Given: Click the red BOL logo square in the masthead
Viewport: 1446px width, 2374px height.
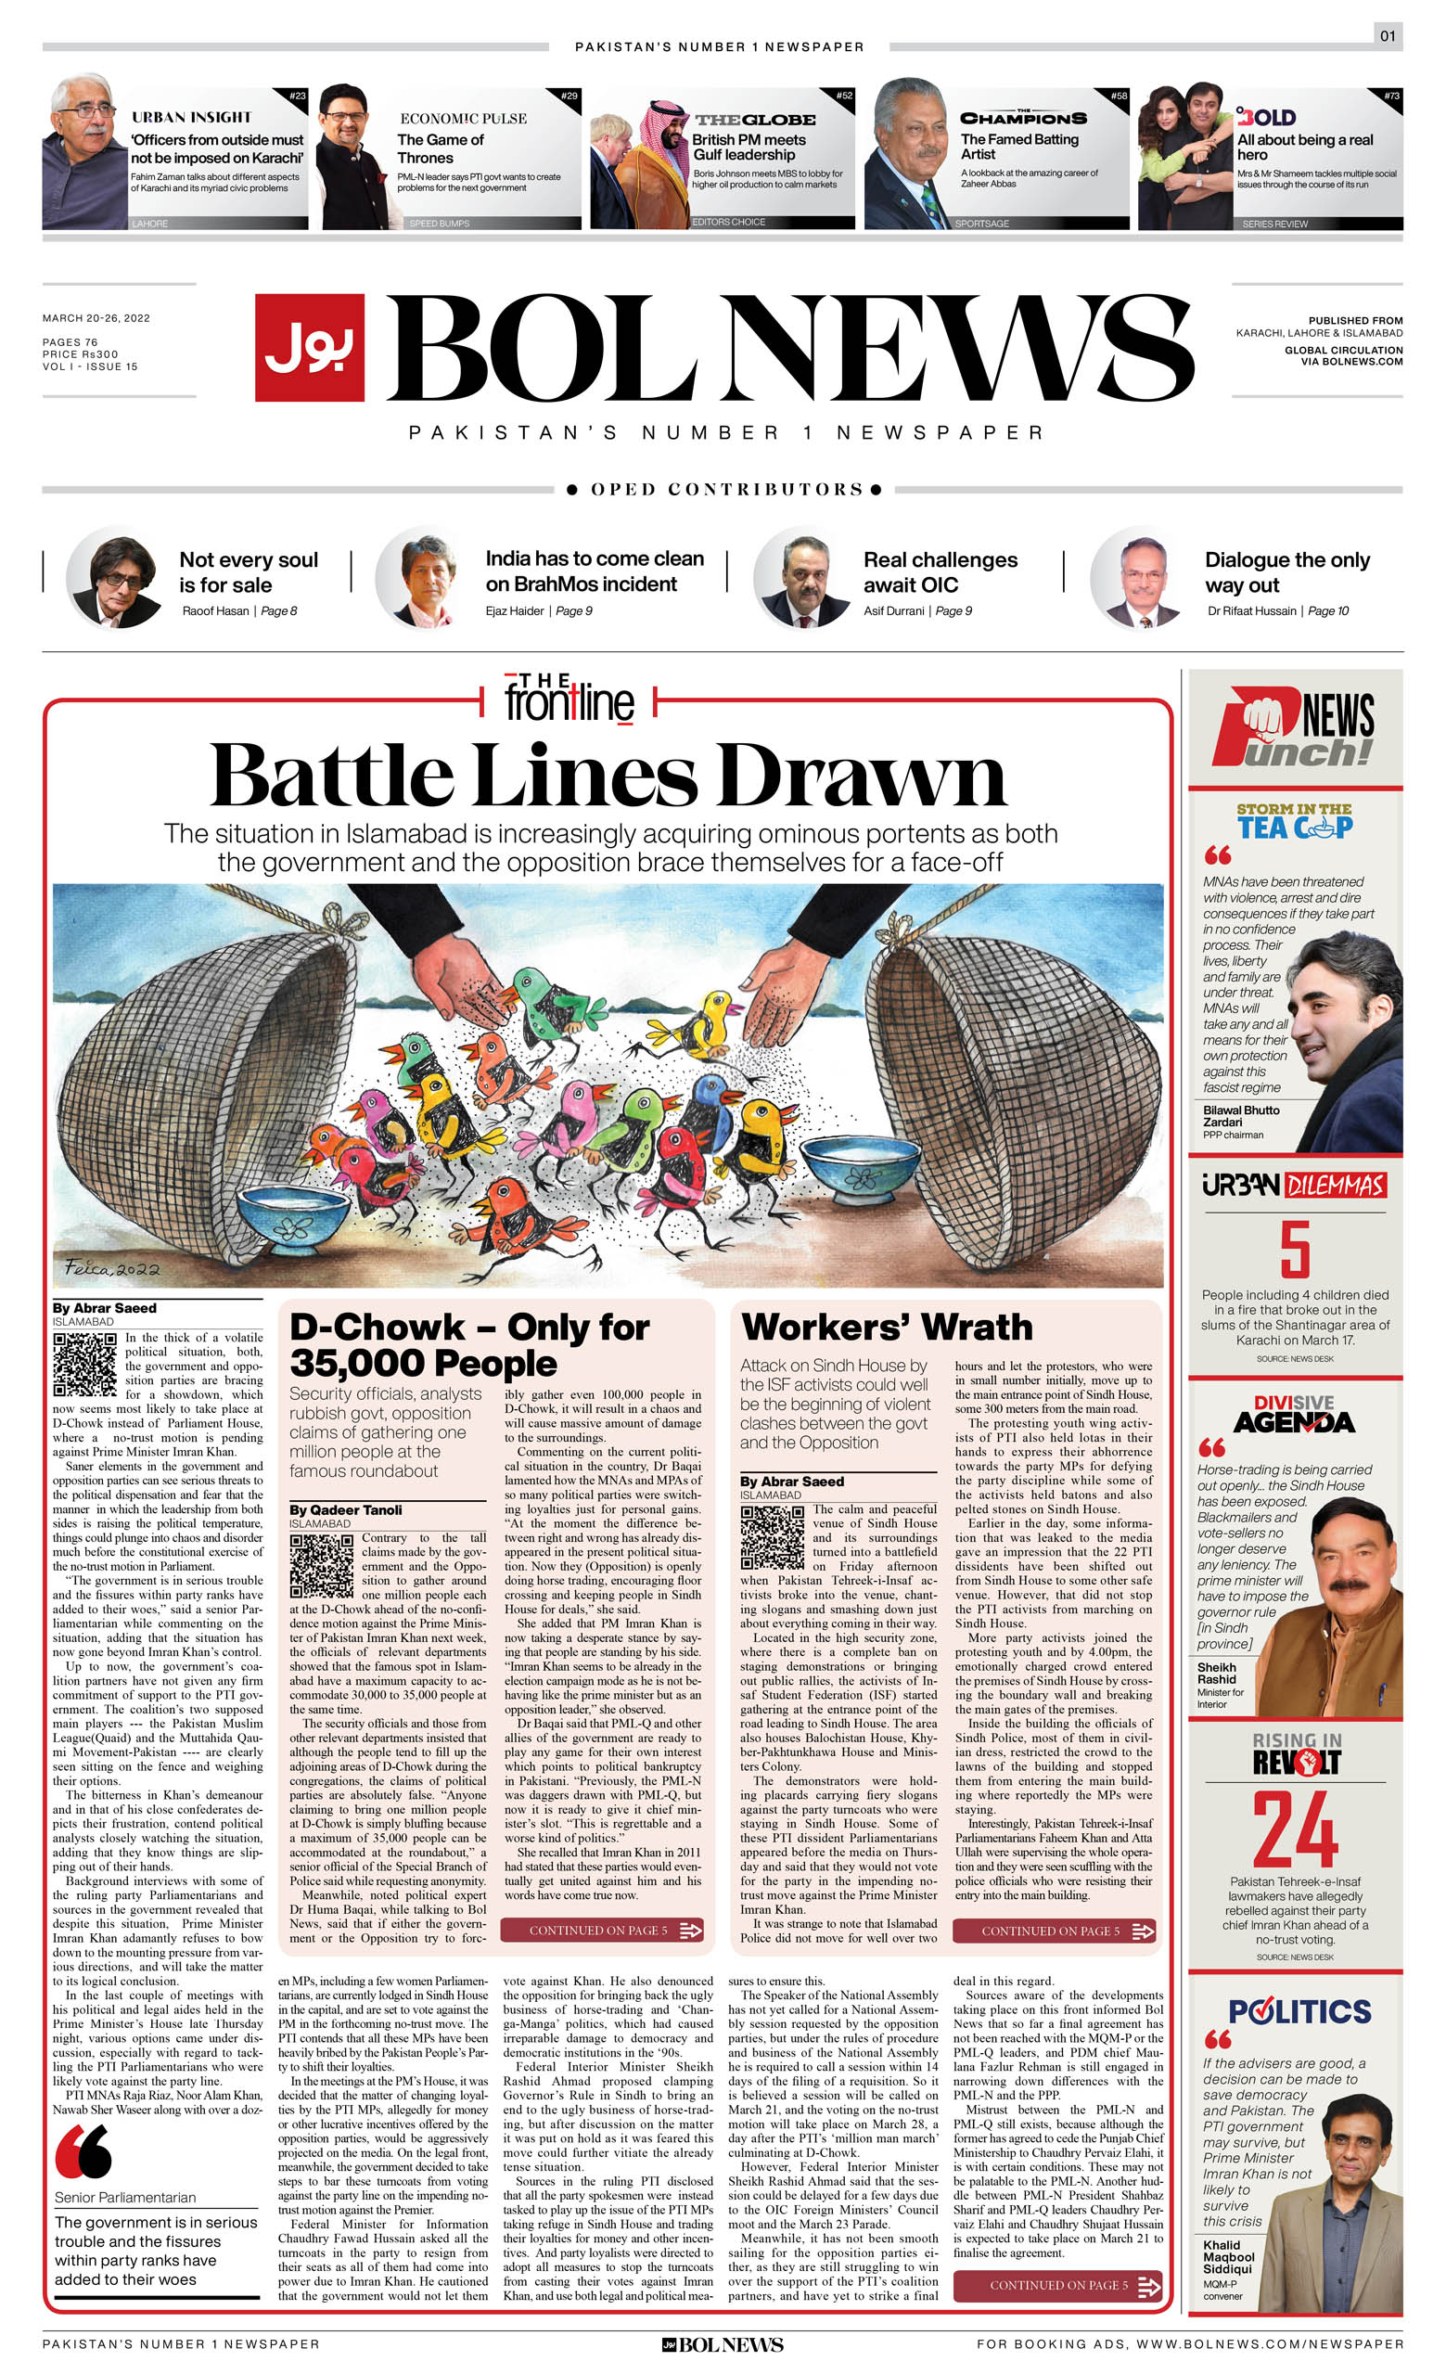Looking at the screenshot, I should click(309, 347).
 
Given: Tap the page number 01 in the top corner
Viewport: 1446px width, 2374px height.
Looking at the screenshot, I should click(1388, 36).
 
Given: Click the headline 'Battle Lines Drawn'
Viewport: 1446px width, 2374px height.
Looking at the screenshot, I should click(608, 776).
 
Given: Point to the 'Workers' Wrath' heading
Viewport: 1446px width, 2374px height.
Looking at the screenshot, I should click(887, 1327).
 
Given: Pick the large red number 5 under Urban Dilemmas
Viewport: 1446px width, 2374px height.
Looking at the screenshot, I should click(1295, 1249).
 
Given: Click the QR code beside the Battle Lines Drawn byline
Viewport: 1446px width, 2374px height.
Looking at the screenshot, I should click(84, 1365).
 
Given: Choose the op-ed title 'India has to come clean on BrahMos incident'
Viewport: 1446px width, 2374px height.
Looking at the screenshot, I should click(595, 571).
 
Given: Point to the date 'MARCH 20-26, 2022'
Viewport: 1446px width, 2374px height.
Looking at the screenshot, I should click(96, 318).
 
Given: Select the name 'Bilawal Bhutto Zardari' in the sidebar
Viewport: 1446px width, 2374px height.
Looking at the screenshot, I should click(1241, 1116).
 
